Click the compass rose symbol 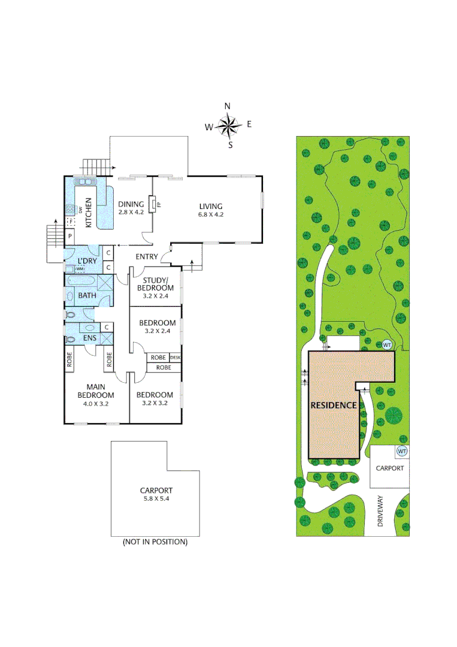tap(228, 125)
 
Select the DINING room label tap(131, 204)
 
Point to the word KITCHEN tap(88, 213)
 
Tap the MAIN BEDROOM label tap(95, 391)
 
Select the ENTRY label tap(146, 257)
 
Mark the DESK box tap(175, 358)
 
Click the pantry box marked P tap(70, 237)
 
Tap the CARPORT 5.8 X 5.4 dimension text tap(155, 498)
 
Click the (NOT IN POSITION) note tap(155, 542)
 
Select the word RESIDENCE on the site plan tap(334, 405)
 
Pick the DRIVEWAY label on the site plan tap(380, 513)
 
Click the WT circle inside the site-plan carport tap(402, 452)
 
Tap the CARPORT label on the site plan tap(389, 468)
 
